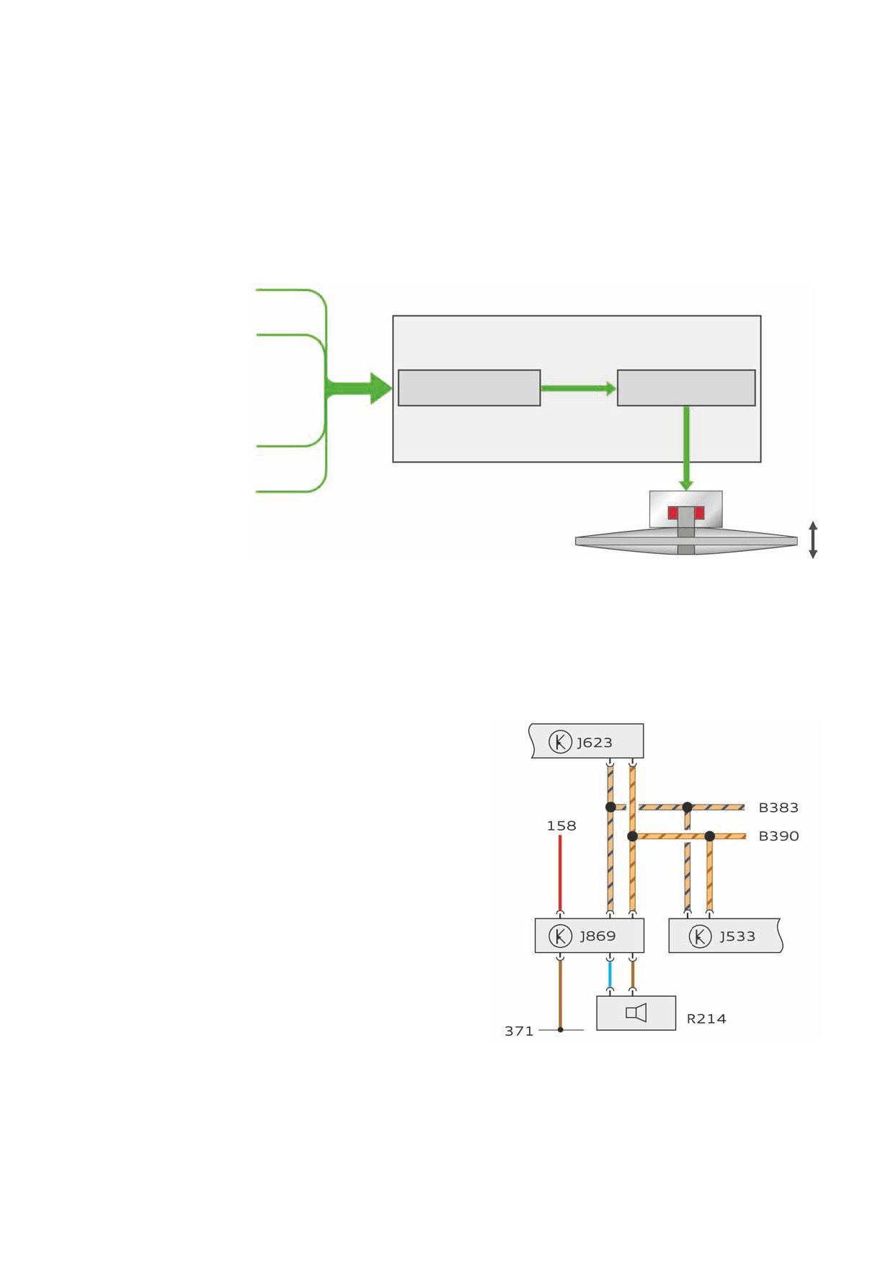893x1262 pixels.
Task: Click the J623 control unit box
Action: coord(587,741)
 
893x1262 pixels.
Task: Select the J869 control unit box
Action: coord(590,936)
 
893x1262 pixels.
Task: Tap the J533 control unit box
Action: coord(725,936)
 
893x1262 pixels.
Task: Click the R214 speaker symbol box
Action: coord(636,1013)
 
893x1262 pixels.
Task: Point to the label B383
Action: coord(778,808)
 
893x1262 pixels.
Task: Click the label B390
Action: coord(778,836)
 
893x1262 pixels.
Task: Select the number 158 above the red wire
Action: coord(561,826)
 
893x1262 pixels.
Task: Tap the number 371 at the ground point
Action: coord(519,1031)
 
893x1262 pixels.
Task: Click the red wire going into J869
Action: coord(560,874)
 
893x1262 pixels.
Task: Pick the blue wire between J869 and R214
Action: coord(610,975)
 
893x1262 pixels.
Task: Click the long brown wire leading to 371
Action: coord(560,995)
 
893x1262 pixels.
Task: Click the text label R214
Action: coord(706,1019)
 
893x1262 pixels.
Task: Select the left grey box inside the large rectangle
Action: coord(469,388)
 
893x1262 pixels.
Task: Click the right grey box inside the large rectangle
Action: coord(686,388)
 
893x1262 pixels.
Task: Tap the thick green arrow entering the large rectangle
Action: coord(358,388)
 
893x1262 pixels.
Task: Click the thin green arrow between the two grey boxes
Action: coord(579,389)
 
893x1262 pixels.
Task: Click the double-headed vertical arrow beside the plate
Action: coord(813,540)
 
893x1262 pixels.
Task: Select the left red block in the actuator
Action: coord(673,513)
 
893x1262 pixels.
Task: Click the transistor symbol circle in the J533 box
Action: coord(700,936)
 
